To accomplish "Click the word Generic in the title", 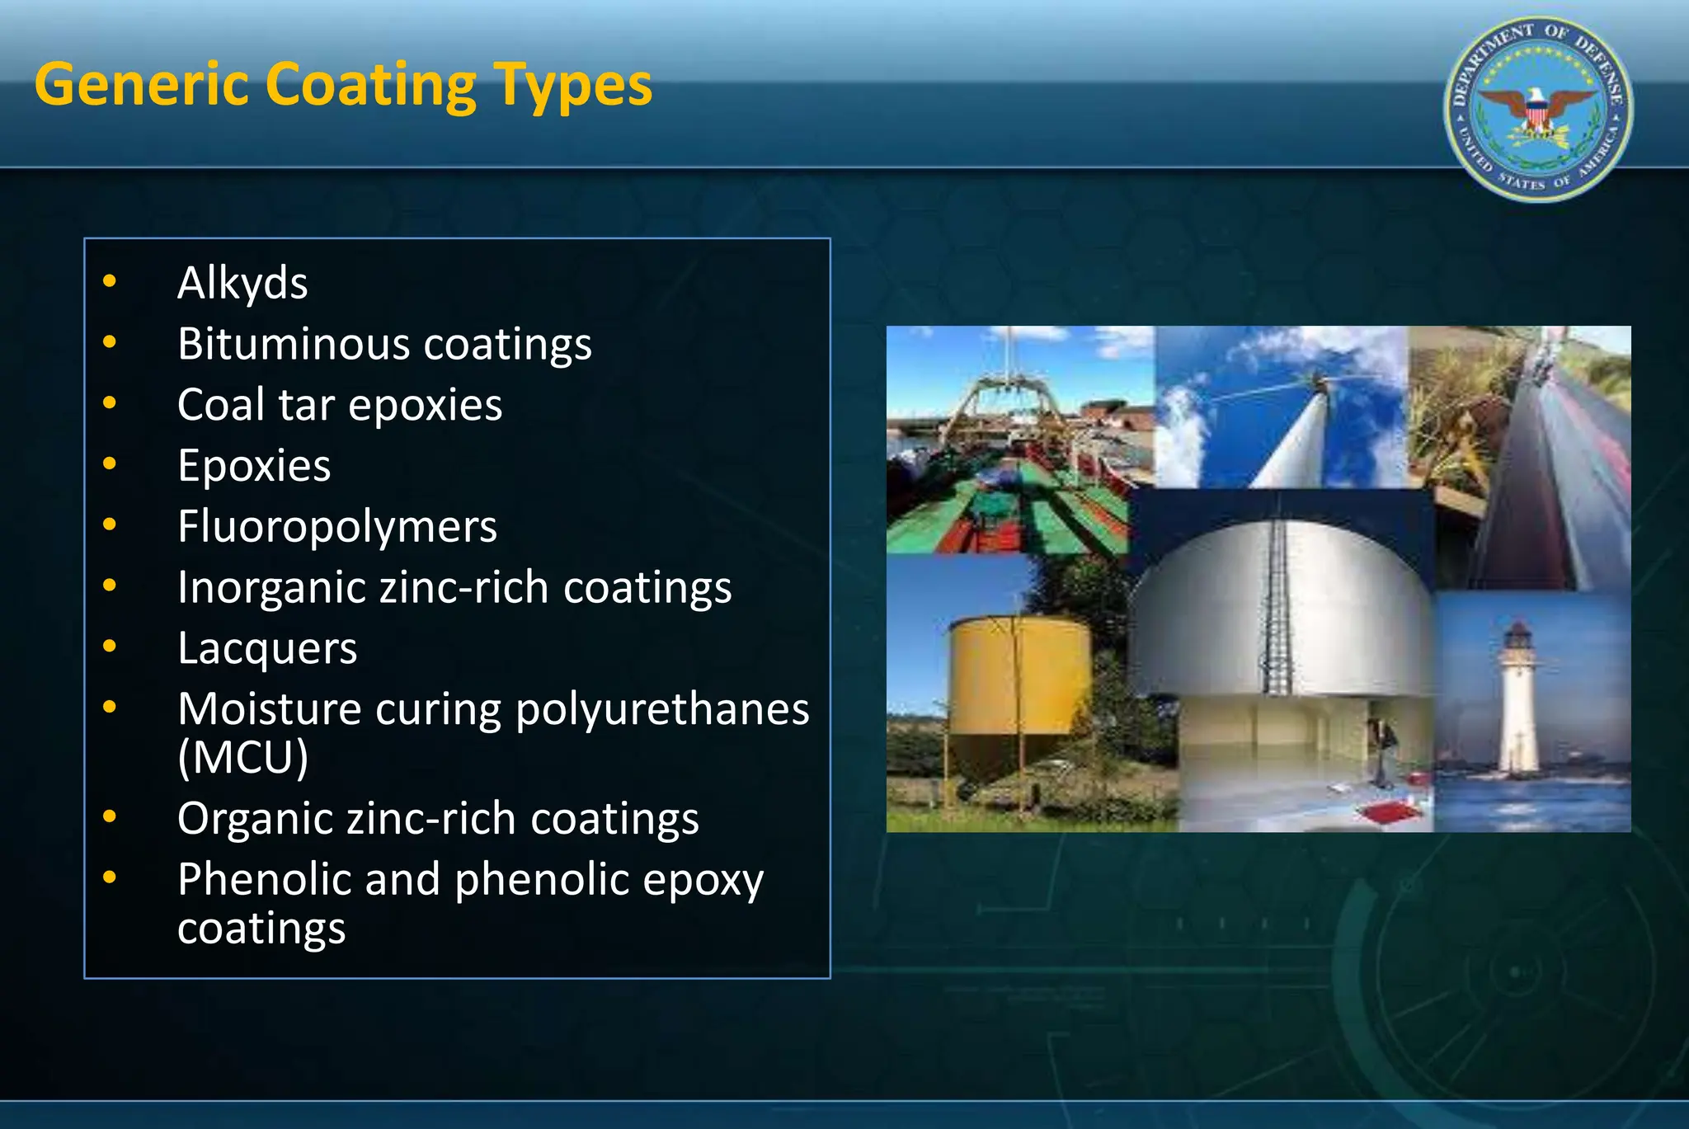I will point(141,85).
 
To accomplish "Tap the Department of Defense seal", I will point(1538,109).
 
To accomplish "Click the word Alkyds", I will point(242,283).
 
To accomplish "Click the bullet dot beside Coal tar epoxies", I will point(110,403).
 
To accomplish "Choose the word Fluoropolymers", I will point(337,527).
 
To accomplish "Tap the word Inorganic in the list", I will point(271,588).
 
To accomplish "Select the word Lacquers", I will point(267,648).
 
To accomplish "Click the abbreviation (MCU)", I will point(242,756).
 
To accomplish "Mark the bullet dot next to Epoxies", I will point(110,464).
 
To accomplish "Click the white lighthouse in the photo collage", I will point(1517,701).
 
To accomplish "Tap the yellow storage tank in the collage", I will point(1019,676).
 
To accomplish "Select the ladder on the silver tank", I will point(1276,610).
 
